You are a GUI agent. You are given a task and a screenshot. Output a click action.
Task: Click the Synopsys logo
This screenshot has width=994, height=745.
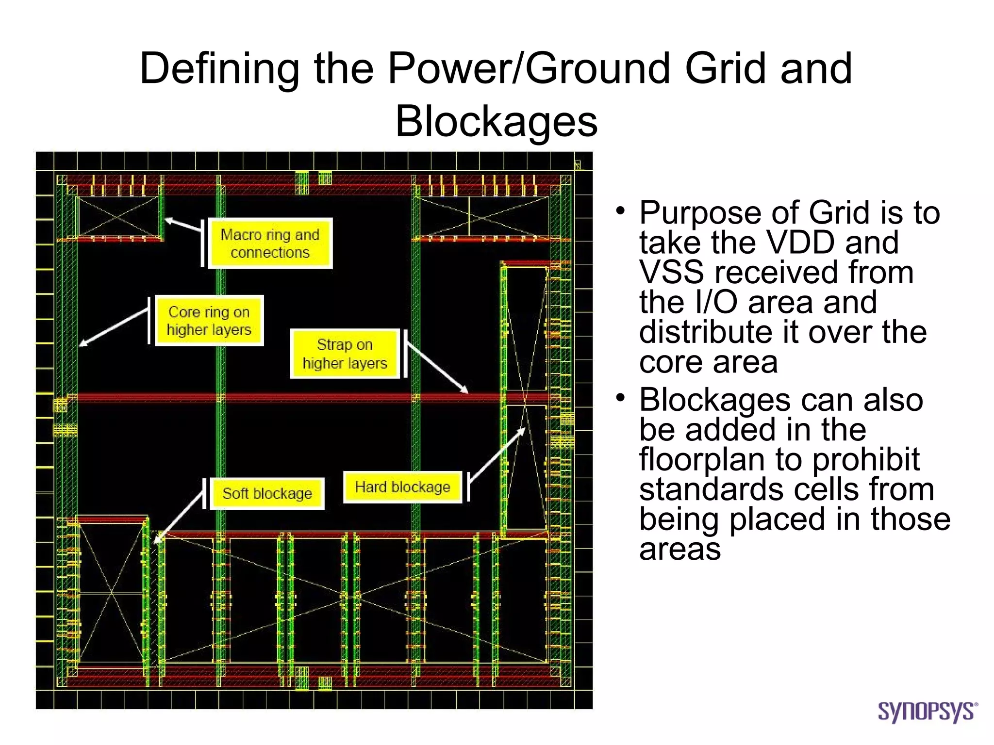coord(927,712)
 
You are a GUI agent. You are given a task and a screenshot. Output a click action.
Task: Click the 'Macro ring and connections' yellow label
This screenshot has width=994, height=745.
coord(270,243)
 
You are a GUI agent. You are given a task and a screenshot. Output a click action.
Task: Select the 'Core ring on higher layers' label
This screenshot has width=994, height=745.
coord(209,321)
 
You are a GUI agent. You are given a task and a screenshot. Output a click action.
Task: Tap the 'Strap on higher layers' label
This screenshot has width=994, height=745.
coord(345,354)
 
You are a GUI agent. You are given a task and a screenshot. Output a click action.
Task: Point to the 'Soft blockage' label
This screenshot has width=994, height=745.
coord(267,493)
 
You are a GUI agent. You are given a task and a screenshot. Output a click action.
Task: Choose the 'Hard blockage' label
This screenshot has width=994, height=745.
coord(402,487)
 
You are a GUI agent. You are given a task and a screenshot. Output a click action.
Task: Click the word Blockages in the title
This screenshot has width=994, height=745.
coord(496,121)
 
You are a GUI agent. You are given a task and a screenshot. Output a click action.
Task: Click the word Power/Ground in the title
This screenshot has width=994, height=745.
coord(529,68)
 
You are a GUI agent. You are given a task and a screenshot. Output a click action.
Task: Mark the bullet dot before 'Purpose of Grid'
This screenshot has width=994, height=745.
coord(620,211)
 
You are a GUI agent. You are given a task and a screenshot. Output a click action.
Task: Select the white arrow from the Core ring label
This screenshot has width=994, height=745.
coord(114,327)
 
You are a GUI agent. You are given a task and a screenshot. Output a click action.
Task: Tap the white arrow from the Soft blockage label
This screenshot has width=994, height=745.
coord(180,516)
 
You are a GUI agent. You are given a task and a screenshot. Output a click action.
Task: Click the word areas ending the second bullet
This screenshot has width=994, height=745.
coord(679,549)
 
